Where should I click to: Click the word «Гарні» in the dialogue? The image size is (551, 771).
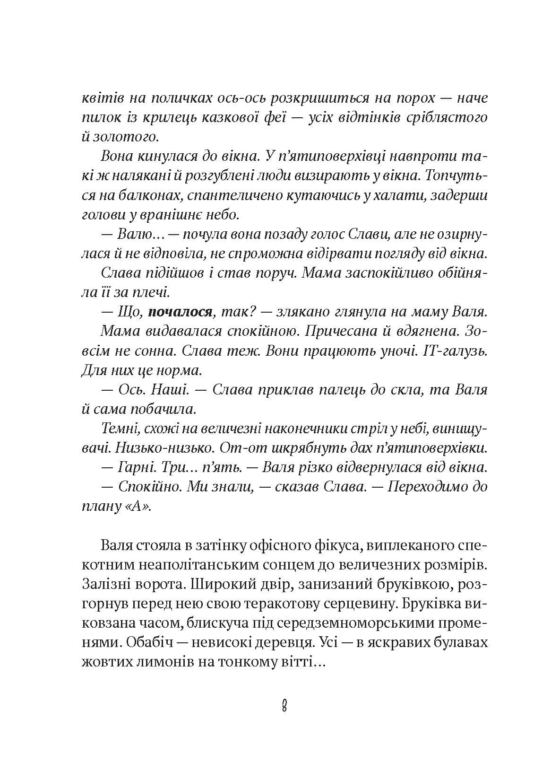(135, 467)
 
